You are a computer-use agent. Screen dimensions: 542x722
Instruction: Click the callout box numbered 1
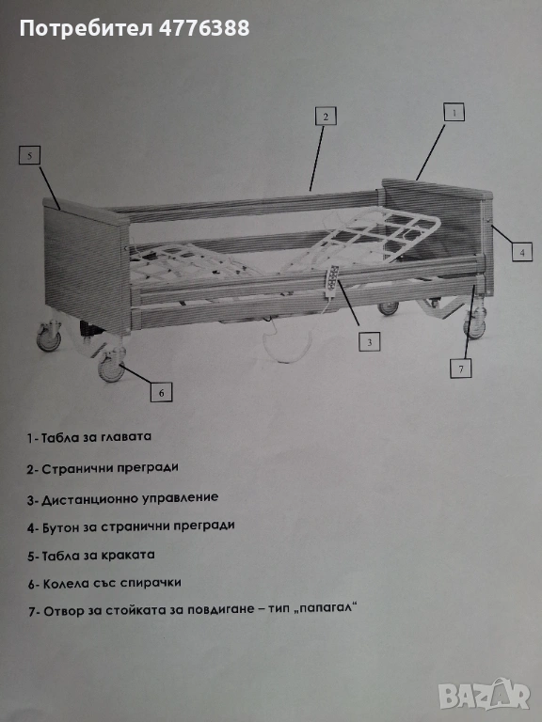454,112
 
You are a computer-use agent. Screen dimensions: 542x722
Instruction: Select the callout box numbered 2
326,116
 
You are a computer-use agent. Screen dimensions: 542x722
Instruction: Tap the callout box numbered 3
370,341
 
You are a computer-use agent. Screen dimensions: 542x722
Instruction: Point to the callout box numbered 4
522,252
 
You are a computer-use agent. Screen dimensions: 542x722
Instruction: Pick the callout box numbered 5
29,155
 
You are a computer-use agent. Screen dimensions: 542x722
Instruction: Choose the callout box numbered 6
161,392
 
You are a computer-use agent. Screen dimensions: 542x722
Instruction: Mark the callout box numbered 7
461,369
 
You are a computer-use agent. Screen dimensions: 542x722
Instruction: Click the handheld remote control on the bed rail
333,281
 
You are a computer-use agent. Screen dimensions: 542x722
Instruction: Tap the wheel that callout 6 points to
112,368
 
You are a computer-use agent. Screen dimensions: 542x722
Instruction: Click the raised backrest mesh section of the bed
369,235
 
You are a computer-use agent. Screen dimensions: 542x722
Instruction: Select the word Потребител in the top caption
87,28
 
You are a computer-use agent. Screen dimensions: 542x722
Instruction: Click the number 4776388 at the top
204,28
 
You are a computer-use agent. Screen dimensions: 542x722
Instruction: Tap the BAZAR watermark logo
484,694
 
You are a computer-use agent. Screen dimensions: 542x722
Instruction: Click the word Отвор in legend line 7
58,611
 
